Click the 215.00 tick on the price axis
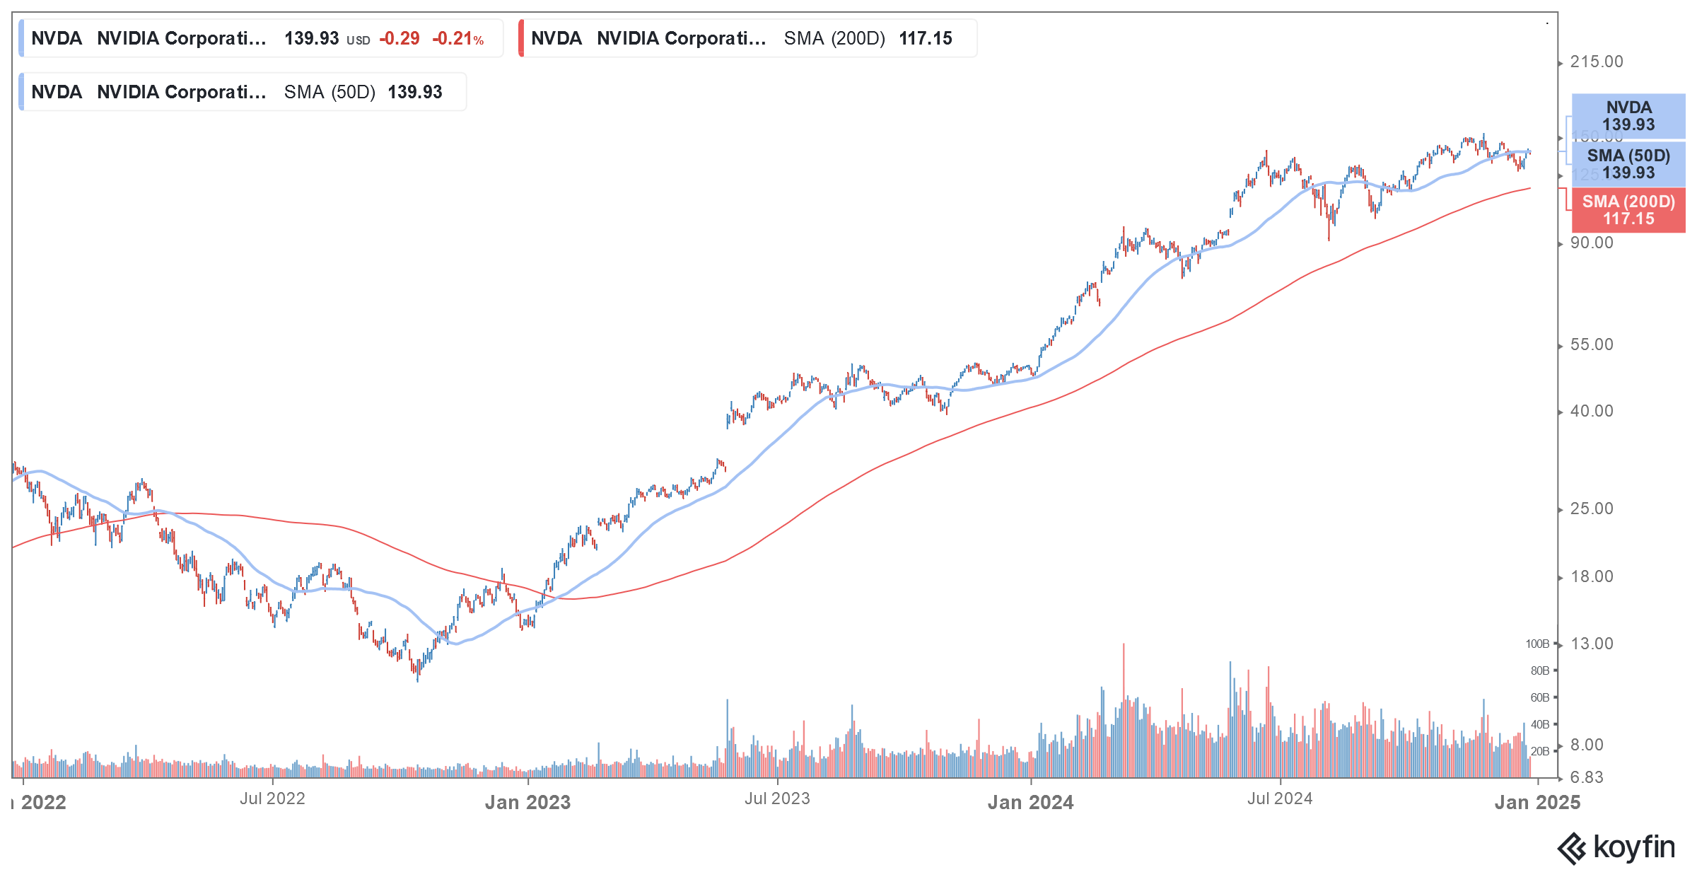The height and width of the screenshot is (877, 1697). [x=1596, y=62]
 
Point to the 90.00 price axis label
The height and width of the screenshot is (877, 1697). [x=1591, y=243]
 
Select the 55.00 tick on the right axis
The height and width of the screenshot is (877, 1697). [x=1591, y=345]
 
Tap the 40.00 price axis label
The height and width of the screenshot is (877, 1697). [x=1591, y=412]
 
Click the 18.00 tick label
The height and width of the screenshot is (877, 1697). [x=1591, y=577]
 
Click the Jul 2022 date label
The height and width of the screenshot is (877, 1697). [x=272, y=799]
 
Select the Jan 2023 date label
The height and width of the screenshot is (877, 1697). [x=527, y=803]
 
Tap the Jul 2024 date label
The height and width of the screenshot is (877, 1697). [x=1280, y=799]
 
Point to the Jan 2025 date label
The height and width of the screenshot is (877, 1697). [x=1537, y=803]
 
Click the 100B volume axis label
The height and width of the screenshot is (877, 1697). [x=1537, y=644]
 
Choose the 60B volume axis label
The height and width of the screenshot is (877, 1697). [x=1539, y=698]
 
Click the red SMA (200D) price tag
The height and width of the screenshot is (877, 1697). [x=1628, y=211]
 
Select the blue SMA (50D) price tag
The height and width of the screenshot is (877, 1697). [x=1628, y=164]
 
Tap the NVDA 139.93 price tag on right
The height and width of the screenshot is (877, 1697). [x=1628, y=116]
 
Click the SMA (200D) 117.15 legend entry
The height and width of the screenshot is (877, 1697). [x=748, y=38]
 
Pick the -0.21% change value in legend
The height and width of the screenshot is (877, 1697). [x=457, y=39]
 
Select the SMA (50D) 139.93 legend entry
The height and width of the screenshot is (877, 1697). [x=242, y=92]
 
